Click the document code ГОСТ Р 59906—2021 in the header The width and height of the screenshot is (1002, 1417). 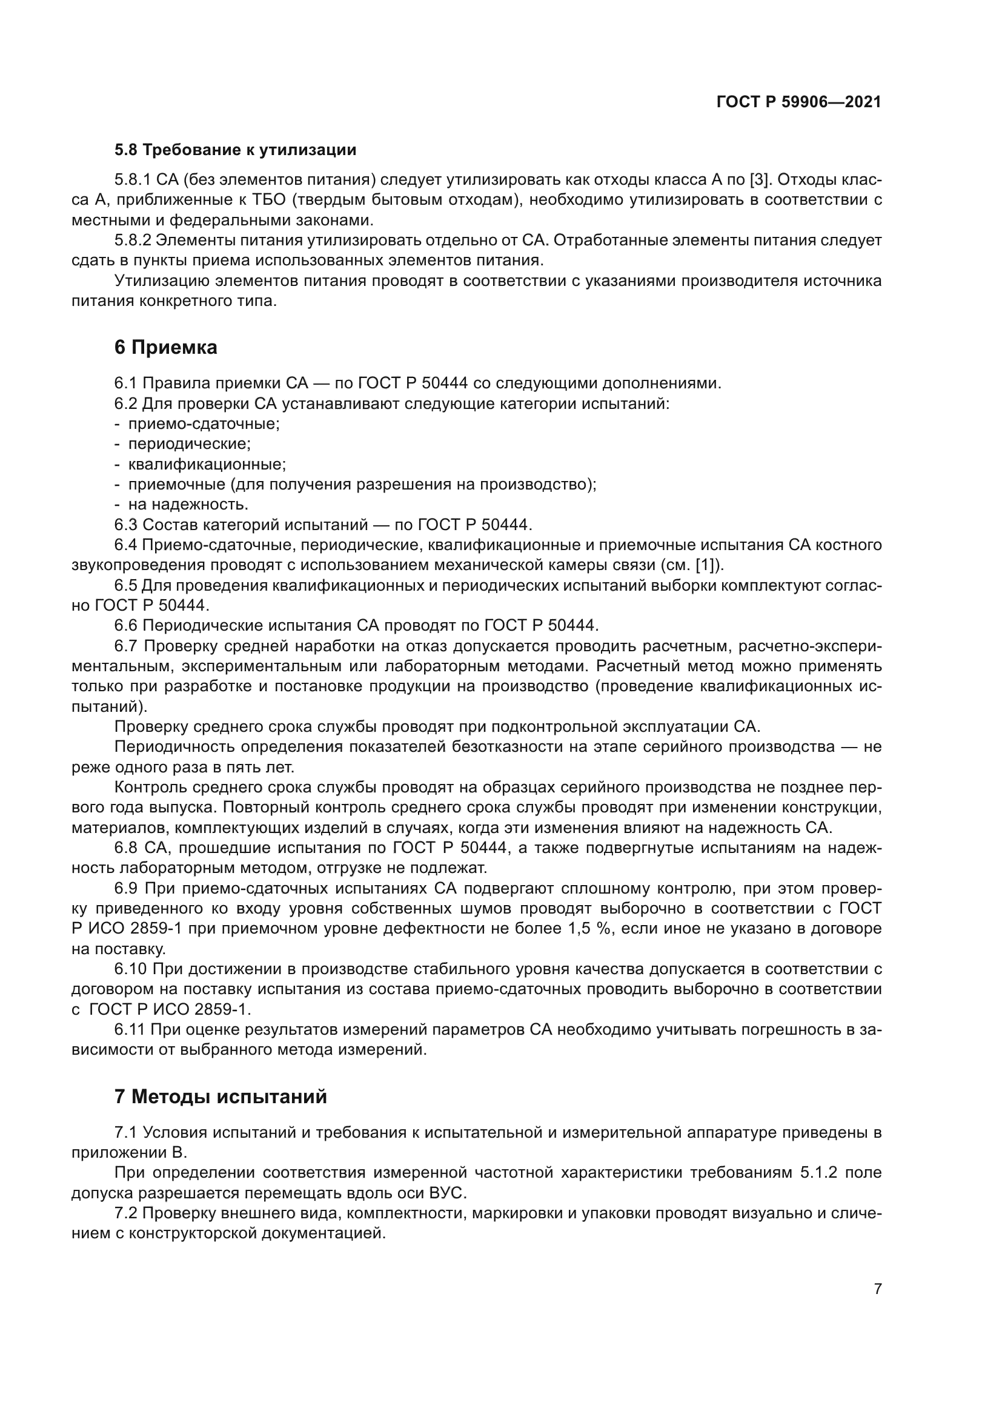(x=798, y=102)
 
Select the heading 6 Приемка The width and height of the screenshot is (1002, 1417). (x=165, y=348)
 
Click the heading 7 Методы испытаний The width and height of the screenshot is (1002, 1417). (x=221, y=1097)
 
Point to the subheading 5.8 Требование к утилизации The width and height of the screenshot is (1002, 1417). (x=235, y=150)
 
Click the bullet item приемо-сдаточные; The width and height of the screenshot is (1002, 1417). (x=204, y=425)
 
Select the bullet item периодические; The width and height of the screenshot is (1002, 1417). (x=190, y=444)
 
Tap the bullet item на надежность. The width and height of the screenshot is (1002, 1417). (x=188, y=505)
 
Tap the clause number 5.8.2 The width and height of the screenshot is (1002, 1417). (x=131, y=241)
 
